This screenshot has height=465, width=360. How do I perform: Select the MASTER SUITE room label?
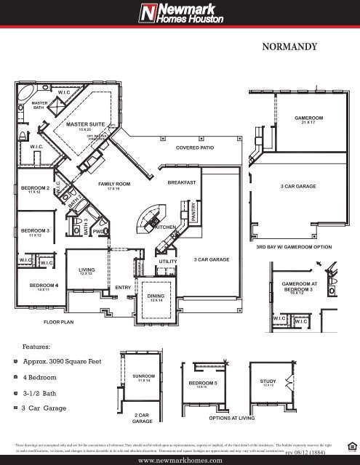pos(87,125)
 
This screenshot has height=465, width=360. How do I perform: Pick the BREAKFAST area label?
pos(182,182)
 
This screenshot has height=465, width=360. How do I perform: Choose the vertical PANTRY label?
pos(194,212)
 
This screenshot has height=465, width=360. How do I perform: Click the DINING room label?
pos(156,296)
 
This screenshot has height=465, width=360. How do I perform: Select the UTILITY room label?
pos(168,260)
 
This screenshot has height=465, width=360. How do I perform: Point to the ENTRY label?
pos(122,288)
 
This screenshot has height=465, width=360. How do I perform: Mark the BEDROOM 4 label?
pos(39,286)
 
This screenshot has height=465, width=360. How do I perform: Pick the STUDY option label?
pos(268,380)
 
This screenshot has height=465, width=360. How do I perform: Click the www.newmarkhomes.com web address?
pos(180,458)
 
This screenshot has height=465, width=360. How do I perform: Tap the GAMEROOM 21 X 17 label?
pos(308,118)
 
